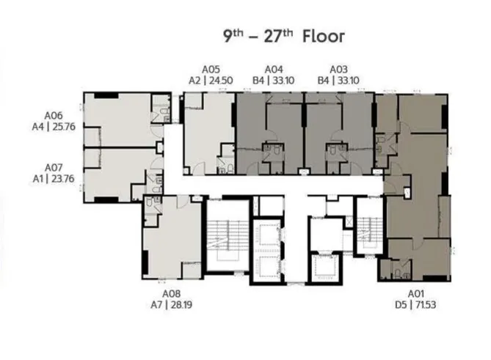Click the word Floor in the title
tap(324, 36)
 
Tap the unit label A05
tap(211, 69)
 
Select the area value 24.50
tap(221, 81)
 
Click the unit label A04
tap(274, 69)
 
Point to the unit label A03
tap(338, 69)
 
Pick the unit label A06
tap(54, 115)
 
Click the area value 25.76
tap(64, 127)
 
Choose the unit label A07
tap(54, 168)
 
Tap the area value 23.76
tap(63, 179)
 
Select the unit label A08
tap(171, 293)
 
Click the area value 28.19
tap(181, 304)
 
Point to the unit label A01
tap(415, 293)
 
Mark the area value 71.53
tap(425, 304)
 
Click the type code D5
tap(401, 304)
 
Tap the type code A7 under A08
tap(156, 304)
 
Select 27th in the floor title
tap(278, 36)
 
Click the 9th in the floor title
tap(233, 36)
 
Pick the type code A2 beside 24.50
tap(194, 81)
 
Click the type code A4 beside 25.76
tap(38, 127)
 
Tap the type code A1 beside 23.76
tap(38, 179)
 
